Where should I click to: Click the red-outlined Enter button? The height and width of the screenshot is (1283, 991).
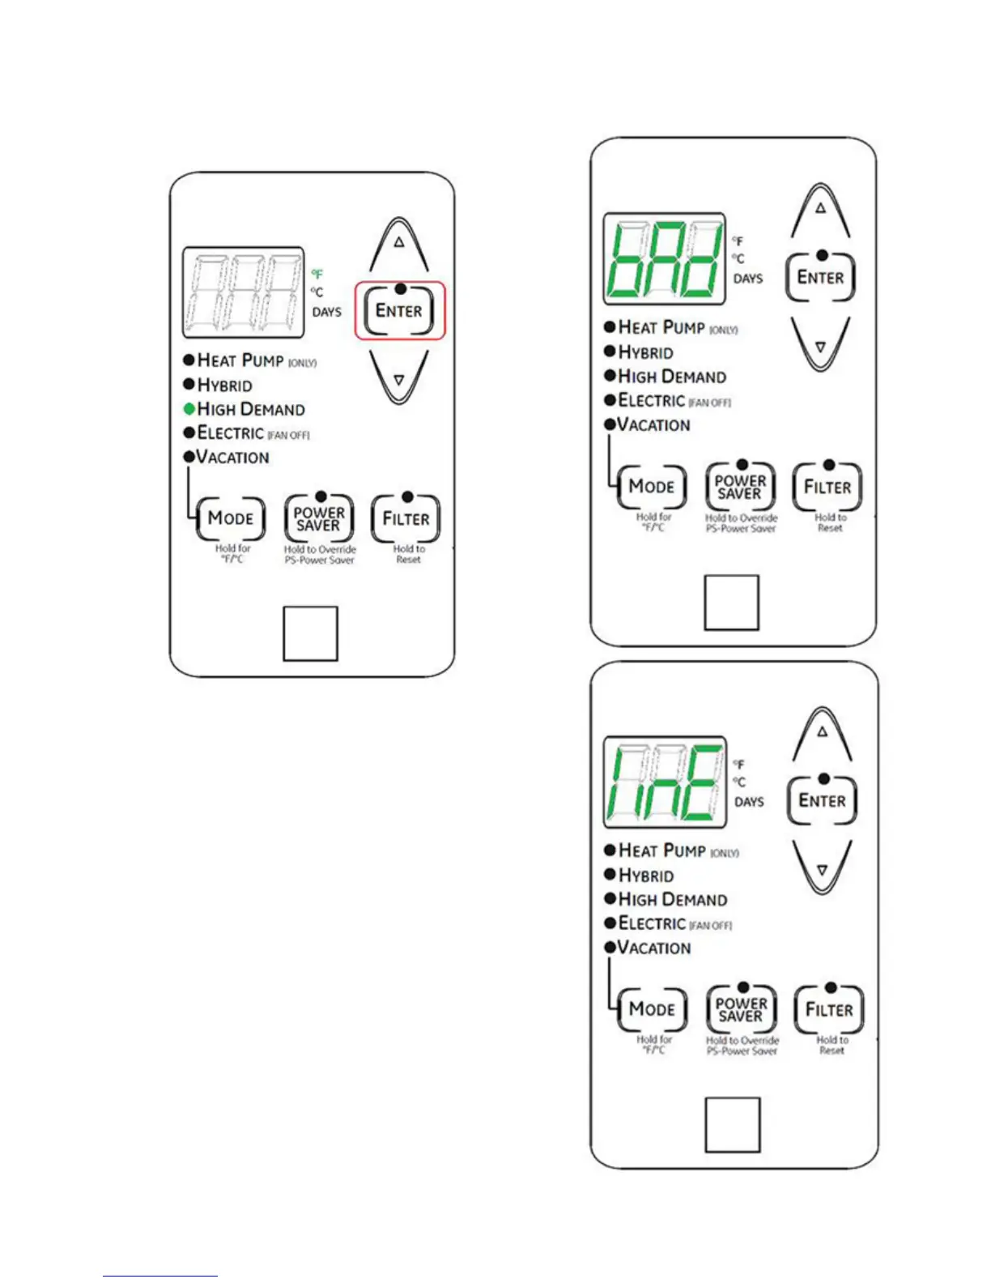click(x=399, y=311)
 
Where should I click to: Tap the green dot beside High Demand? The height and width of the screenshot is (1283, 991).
click(x=189, y=409)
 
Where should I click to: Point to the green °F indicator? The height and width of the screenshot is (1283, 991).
click(x=317, y=275)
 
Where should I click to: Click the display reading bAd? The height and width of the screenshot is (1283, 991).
click(x=664, y=259)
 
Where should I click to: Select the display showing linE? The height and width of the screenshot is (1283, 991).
click(x=665, y=782)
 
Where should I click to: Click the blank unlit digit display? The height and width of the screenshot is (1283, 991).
click(x=243, y=292)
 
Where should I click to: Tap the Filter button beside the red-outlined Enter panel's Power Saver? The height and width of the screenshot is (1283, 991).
click(x=406, y=518)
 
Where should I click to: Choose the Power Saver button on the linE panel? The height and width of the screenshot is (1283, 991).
click(x=741, y=1009)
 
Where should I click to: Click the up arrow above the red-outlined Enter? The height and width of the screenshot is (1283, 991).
click(x=399, y=244)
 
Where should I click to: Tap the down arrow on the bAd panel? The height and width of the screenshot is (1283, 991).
click(x=820, y=344)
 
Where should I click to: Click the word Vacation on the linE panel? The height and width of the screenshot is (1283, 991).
click(x=654, y=948)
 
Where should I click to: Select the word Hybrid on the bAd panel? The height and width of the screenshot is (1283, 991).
click(x=645, y=352)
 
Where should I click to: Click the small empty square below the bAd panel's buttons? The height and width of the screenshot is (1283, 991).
click(x=731, y=603)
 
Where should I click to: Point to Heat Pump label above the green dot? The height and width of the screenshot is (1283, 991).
click(x=240, y=360)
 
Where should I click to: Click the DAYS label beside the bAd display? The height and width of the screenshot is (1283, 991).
click(x=748, y=279)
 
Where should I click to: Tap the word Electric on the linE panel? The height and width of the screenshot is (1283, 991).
click(x=652, y=923)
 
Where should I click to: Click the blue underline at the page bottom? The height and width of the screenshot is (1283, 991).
click(x=160, y=1276)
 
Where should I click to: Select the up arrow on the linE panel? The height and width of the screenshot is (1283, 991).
click(x=822, y=733)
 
